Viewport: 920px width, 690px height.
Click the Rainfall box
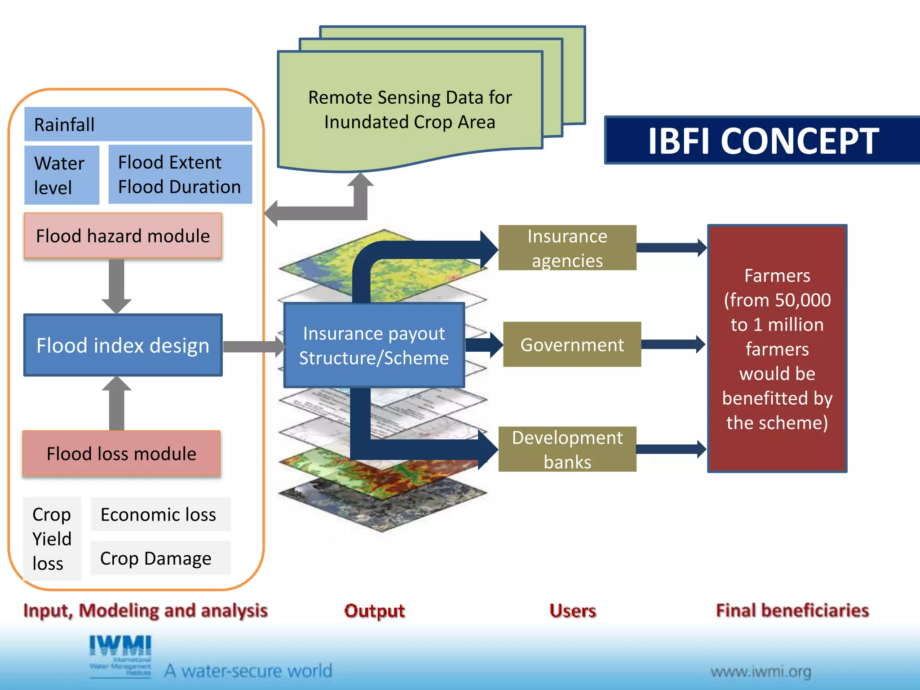(x=138, y=124)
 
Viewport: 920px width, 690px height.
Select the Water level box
(x=62, y=175)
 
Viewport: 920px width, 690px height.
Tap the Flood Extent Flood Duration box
(x=180, y=174)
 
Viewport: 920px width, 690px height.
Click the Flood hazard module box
(x=123, y=235)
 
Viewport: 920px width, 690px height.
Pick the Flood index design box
(x=123, y=345)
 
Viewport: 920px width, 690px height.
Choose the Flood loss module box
(x=121, y=453)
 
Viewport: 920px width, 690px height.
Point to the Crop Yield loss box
(x=52, y=538)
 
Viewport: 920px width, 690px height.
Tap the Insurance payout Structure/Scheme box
(x=374, y=345)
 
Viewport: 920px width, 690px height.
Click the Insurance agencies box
(x=567, y=248)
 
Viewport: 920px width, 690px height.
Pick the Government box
(x=571, y=345)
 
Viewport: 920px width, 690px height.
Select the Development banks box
(x=567, y=449)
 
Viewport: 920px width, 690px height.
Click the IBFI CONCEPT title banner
(x=762, y=141)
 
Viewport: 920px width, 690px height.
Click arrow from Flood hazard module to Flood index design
(x=116, y=286)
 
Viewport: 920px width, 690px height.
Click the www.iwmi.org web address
(x=761, y=672)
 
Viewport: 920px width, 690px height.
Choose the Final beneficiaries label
(x=792, y=610)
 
